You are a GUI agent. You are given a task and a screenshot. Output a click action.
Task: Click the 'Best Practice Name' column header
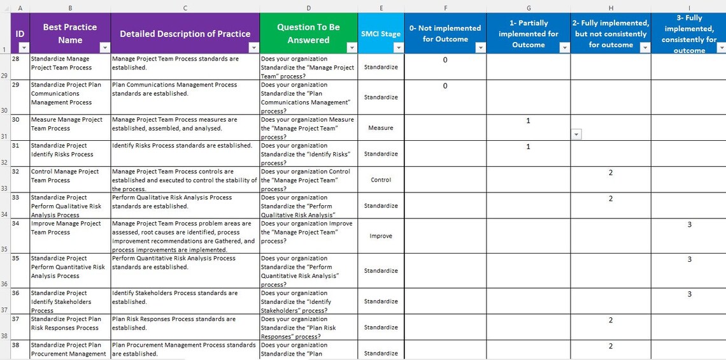(x=70, y=33)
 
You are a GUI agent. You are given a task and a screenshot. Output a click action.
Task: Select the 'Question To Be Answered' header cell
(x=308, y=33)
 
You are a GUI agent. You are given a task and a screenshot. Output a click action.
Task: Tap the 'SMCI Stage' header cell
(x=381, y=34)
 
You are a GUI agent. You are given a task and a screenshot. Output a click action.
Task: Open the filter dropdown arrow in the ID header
(x=24, y=48)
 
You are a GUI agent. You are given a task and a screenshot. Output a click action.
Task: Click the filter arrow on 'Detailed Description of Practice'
(x=253, y=48)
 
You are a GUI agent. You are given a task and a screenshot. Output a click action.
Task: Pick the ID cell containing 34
(x=17, y=224)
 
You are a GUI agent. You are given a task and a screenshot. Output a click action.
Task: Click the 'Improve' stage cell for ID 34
(x=381, y=236)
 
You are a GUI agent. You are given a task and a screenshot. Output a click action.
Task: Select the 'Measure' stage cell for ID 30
(x=381, y=127)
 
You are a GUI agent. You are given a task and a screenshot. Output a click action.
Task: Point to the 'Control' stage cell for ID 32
(x=381, y=180)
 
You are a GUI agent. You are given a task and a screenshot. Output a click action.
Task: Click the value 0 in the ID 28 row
(x=445, y=60)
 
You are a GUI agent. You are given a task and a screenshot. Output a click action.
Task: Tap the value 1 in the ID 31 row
(x=528, y=147)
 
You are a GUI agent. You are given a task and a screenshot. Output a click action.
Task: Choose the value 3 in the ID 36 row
(x=689, y=294)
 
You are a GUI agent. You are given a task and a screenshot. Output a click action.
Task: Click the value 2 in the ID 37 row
(x=610, y=320)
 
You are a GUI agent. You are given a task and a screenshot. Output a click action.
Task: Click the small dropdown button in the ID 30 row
(x=576, y=134)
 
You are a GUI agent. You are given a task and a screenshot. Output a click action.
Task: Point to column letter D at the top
(x=308, y=8)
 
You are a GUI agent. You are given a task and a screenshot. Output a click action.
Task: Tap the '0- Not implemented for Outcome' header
(x=445, y=33)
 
